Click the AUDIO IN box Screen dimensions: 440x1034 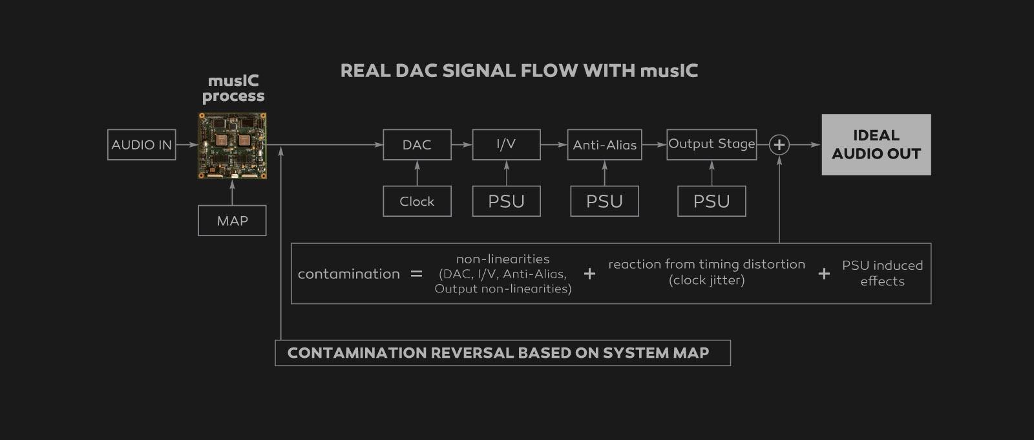(x=142, y=145)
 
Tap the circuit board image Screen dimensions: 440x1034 (x=232, y=146)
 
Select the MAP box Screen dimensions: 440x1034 (x=232, y=221)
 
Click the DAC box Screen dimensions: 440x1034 (x=417, y=145)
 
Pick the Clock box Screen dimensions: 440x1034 (x=417, y=201)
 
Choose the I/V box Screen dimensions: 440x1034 (x=506, y=144)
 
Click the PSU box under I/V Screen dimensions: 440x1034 (x=506, y=201)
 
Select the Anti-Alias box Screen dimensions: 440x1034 (x=604, y=145)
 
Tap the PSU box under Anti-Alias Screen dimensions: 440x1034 (x=604, y=201)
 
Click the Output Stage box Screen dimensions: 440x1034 (x=712, y=144)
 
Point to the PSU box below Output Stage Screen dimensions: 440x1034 (x=712, y=201)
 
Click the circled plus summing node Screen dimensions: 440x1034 (x=779, y=145)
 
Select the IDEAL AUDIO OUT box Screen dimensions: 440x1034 (x=876, y=145)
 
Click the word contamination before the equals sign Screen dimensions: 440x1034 (x=348, y=274)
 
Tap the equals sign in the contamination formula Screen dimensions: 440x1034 (x=416, y=274)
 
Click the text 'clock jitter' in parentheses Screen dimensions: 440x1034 (x=706, y=280)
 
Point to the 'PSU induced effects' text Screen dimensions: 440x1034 (x=882, y=273)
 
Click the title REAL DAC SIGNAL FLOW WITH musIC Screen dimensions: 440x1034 (x=519, y=71)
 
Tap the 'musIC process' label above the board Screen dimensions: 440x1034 (x=233, y=89)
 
